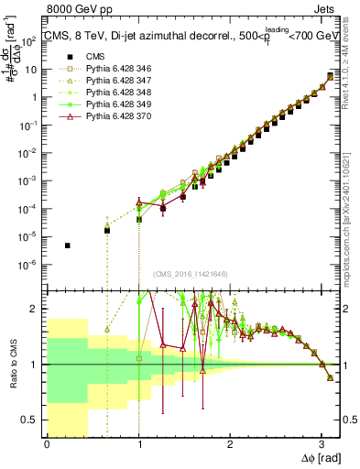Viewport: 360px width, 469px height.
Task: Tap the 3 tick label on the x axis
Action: (x=321, y=443)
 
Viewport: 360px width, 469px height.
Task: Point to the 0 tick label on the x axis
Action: (x=47, y=443)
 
